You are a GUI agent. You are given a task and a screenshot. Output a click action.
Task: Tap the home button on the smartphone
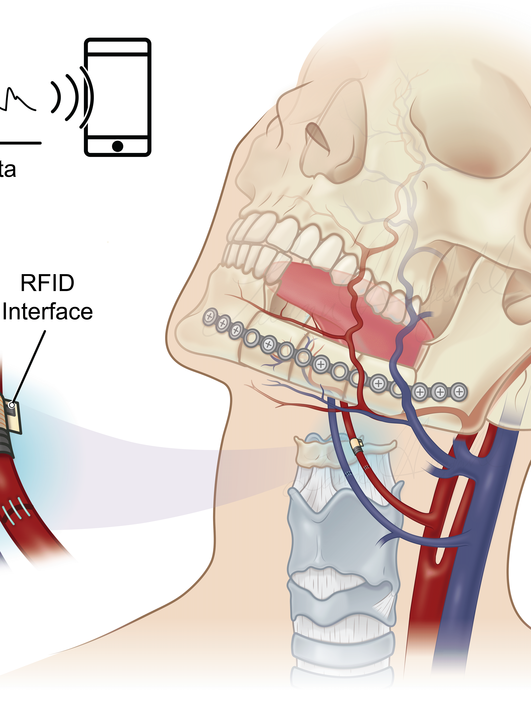[x=117, y=146]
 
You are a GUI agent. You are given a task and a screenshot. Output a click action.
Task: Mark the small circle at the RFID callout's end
[x=12, y=405]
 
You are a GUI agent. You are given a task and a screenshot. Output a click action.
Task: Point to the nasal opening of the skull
[x=317, y=136]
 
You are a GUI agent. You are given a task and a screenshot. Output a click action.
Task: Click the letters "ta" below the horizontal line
[x=7, y=170]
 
